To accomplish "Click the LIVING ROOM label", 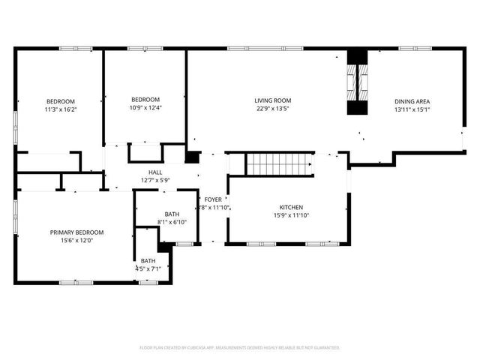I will click(x=272, y=100).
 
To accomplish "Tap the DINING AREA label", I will click(x=412, y=101).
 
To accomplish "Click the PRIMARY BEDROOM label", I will click(x=76, y=232).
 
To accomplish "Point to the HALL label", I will click(x=155, y=172).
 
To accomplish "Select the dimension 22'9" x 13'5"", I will click(x=272, y=108).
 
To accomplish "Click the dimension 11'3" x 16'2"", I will click(x=61, y=109).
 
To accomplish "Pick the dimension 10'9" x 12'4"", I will click(x=145, y=108).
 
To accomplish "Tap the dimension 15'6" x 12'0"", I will click(x=76, y=240).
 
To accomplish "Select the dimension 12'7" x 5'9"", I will click(x=155, y=180).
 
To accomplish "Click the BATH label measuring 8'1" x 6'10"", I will click(x=172, y=214).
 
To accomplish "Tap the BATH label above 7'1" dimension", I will click(x=148, y=260).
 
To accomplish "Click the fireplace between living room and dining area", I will click(x=358, y=83).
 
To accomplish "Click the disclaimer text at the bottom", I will click(x=239, y=348).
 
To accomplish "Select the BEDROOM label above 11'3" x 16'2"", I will click(x=61, y=101).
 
